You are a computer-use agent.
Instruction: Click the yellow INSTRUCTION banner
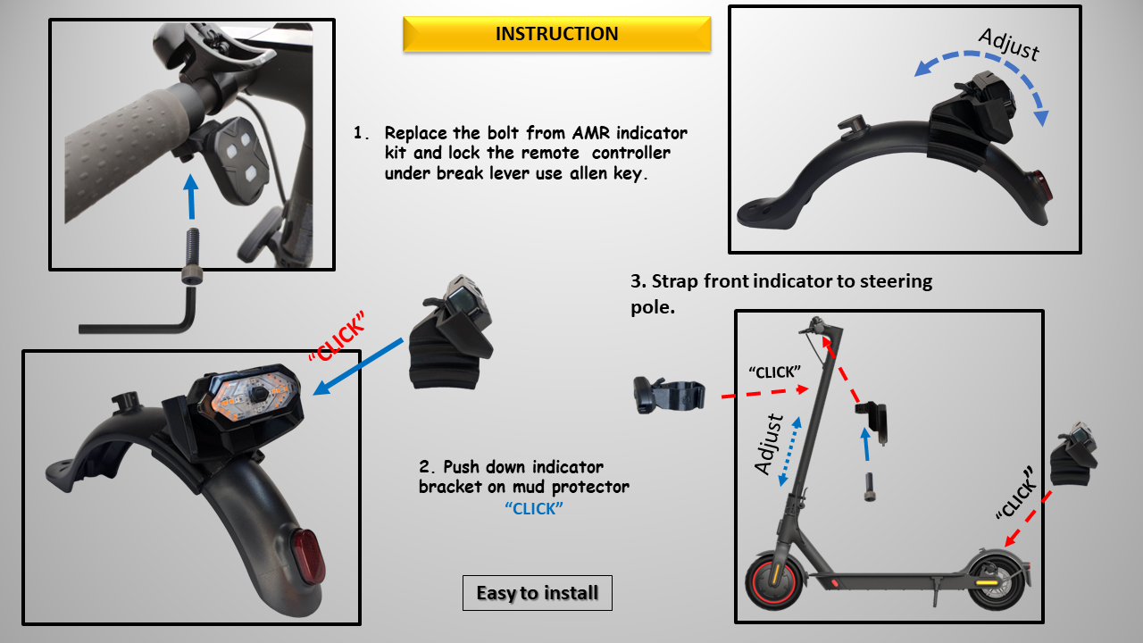[556, 34]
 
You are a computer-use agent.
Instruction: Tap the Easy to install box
[538, 593]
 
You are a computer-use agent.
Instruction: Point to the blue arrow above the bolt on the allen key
[191, 196]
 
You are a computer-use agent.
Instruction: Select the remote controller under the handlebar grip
[239, 160]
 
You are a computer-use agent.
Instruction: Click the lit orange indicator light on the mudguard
[250, 395]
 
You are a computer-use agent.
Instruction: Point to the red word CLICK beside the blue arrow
[338, 337]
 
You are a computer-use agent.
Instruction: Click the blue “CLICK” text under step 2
[534, 509]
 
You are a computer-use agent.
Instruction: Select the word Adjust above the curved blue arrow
[1009, 45]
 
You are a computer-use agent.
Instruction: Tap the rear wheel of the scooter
[994, 581]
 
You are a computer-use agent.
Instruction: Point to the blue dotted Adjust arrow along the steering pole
[789, 451]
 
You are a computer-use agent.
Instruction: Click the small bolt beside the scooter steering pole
[870, 488]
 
